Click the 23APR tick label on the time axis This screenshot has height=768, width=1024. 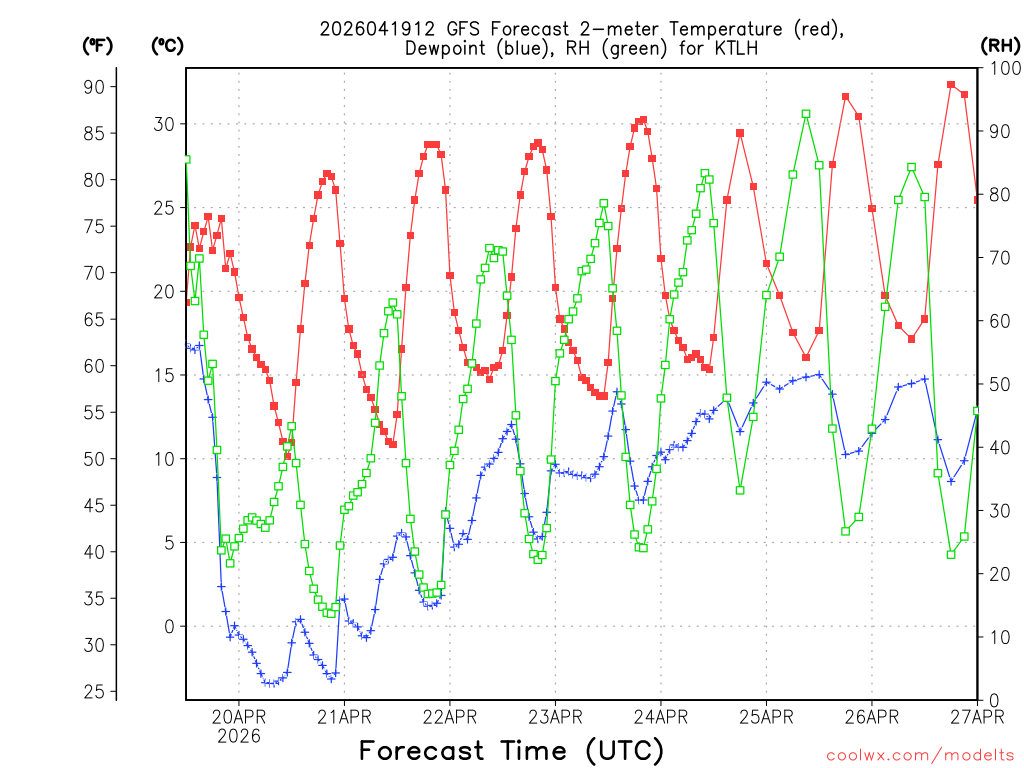pos(554,716)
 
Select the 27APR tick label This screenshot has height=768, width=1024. pos(976,716)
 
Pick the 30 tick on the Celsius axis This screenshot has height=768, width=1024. pos(162,124)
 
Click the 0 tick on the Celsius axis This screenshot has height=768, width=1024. pos(167,627)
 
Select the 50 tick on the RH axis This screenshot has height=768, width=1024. pos(999,384)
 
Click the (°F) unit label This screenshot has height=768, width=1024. pos(97,45)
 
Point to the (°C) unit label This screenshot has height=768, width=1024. pos(167,45)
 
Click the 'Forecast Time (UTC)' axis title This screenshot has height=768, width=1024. pos(511,750)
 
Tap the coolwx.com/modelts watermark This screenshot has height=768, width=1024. pos(920,755)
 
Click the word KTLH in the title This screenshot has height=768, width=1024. pos(735,48)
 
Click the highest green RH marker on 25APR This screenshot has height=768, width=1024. pos(806,114)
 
